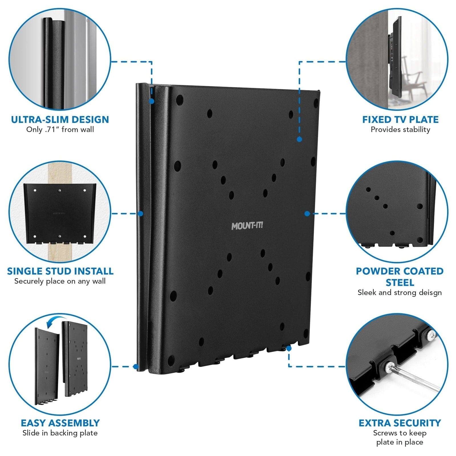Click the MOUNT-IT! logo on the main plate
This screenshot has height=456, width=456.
coord(247,226)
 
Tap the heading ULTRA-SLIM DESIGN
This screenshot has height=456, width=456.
coord(60,119)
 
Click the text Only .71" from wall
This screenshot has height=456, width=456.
coord(60,130)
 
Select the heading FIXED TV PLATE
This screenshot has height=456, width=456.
coord(400,119)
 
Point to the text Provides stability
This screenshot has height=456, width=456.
coord(400,130)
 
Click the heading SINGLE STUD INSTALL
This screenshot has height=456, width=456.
coord(60,271)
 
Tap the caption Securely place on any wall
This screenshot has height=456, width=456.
coord(60,281)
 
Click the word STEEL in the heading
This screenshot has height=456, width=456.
coord(400,283)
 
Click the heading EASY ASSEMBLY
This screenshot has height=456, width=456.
coord(60,423)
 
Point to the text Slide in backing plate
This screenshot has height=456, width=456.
coord(60,433)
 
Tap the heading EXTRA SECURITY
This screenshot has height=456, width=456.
coord(400,423)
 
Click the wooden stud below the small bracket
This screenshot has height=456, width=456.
coord(60,254)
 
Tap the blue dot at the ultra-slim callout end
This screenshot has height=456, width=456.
coord(152,101)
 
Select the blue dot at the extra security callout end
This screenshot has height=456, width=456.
coord(289,348)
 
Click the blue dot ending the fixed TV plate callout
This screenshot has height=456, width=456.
coord(299,139)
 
